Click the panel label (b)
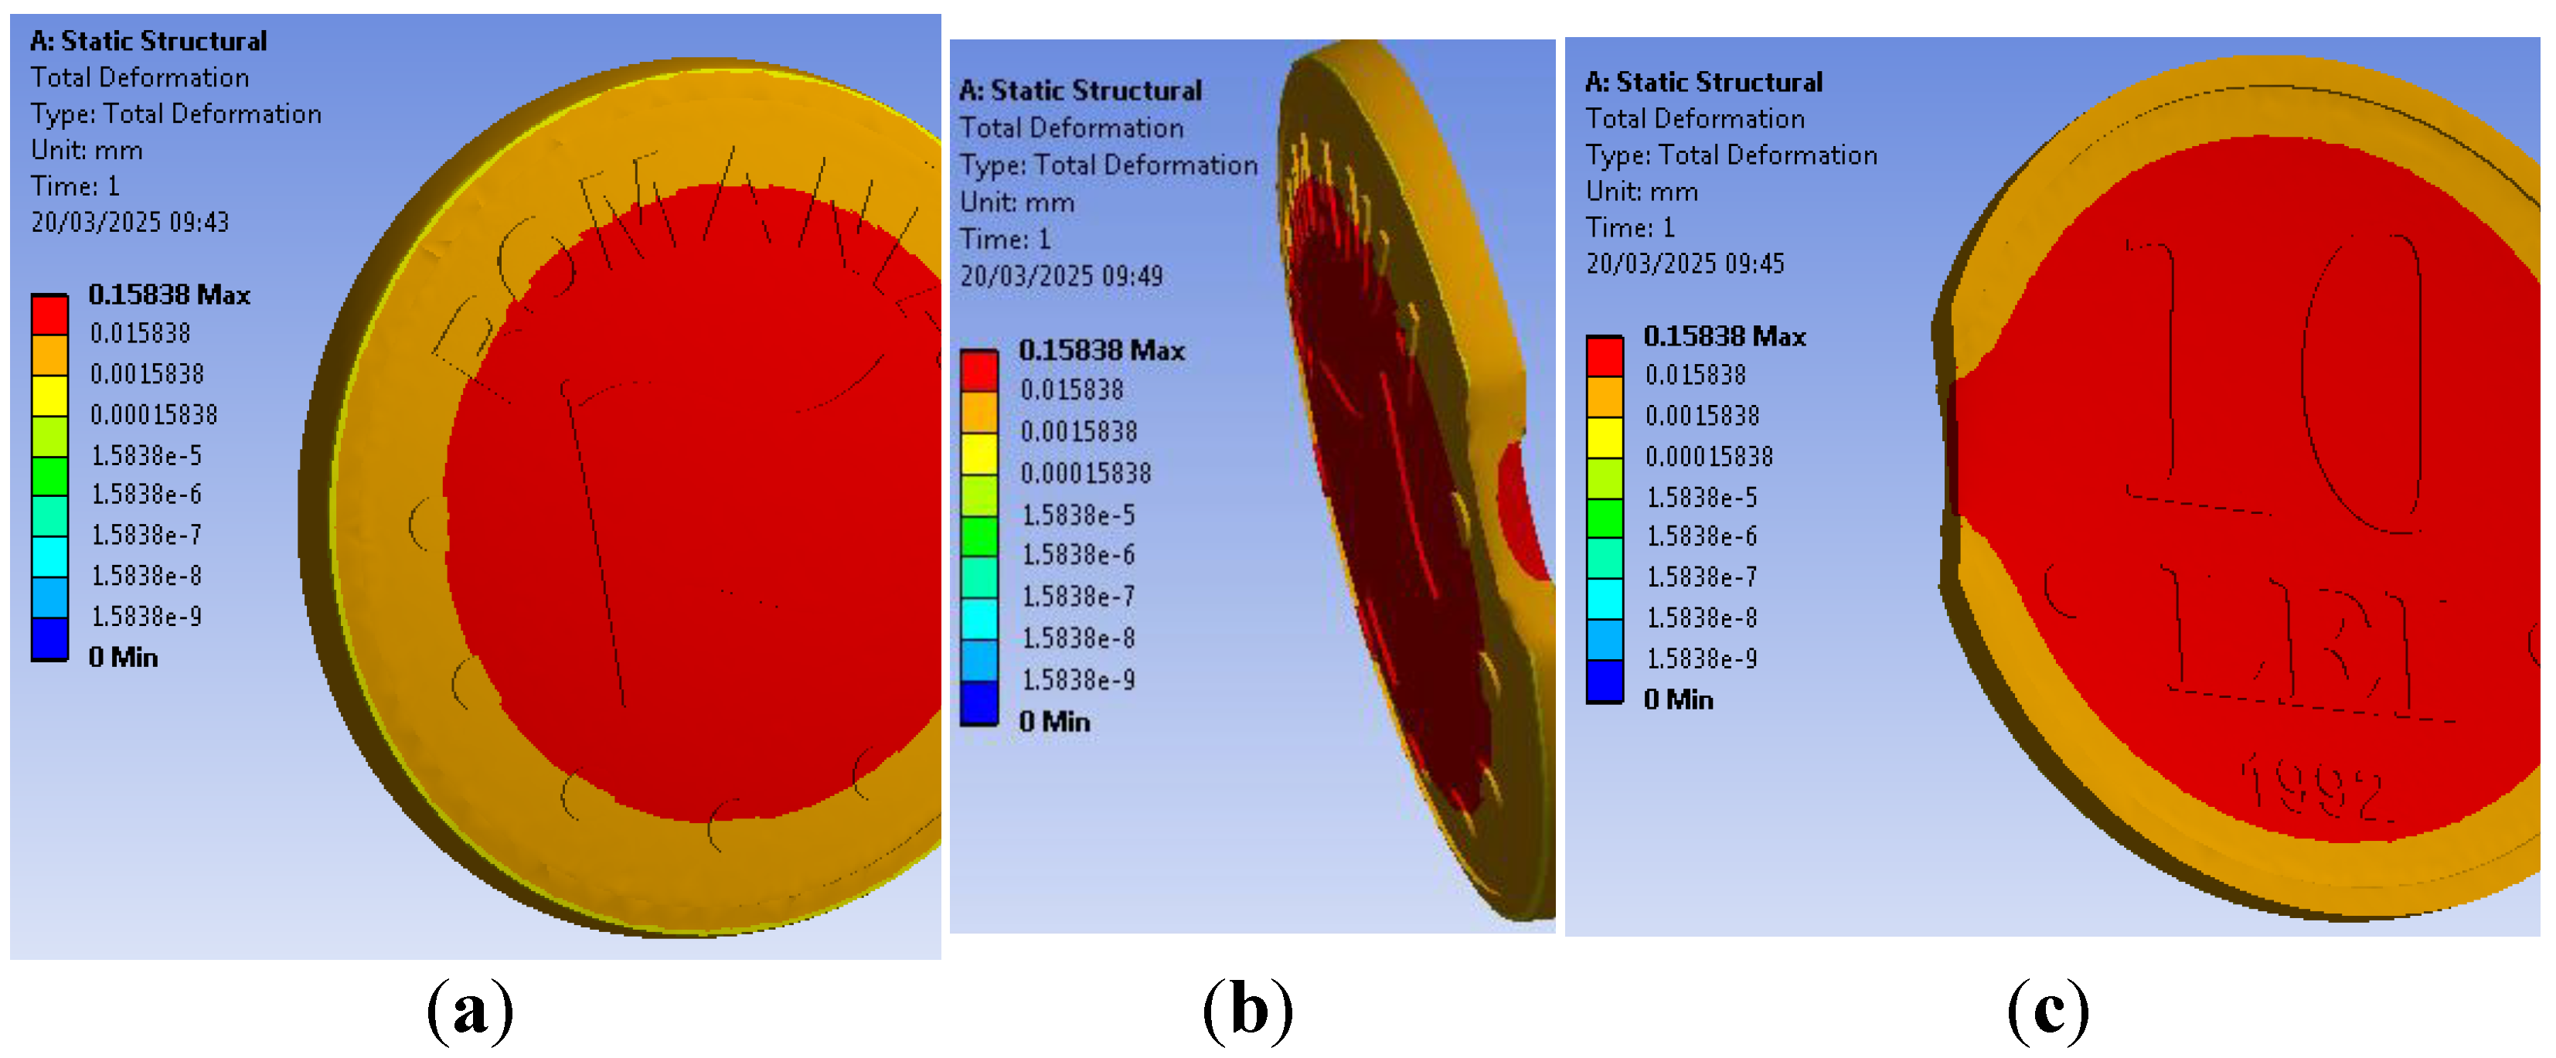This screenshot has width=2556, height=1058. [1247, 1009]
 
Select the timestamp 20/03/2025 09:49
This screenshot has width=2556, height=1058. [1060, 276]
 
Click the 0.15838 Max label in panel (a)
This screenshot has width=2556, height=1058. [168, 294]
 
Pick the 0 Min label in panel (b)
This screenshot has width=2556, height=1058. [1053, 722]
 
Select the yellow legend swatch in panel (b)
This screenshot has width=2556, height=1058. [978, 454]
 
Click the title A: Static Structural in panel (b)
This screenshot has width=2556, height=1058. [1081, 90]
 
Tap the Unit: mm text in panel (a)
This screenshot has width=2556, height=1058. [87, 150]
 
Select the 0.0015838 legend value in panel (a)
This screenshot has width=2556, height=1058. [147, 373]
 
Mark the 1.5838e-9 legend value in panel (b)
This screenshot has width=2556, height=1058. [1078, 680]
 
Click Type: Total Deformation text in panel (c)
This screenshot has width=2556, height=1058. [1731, 155]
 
